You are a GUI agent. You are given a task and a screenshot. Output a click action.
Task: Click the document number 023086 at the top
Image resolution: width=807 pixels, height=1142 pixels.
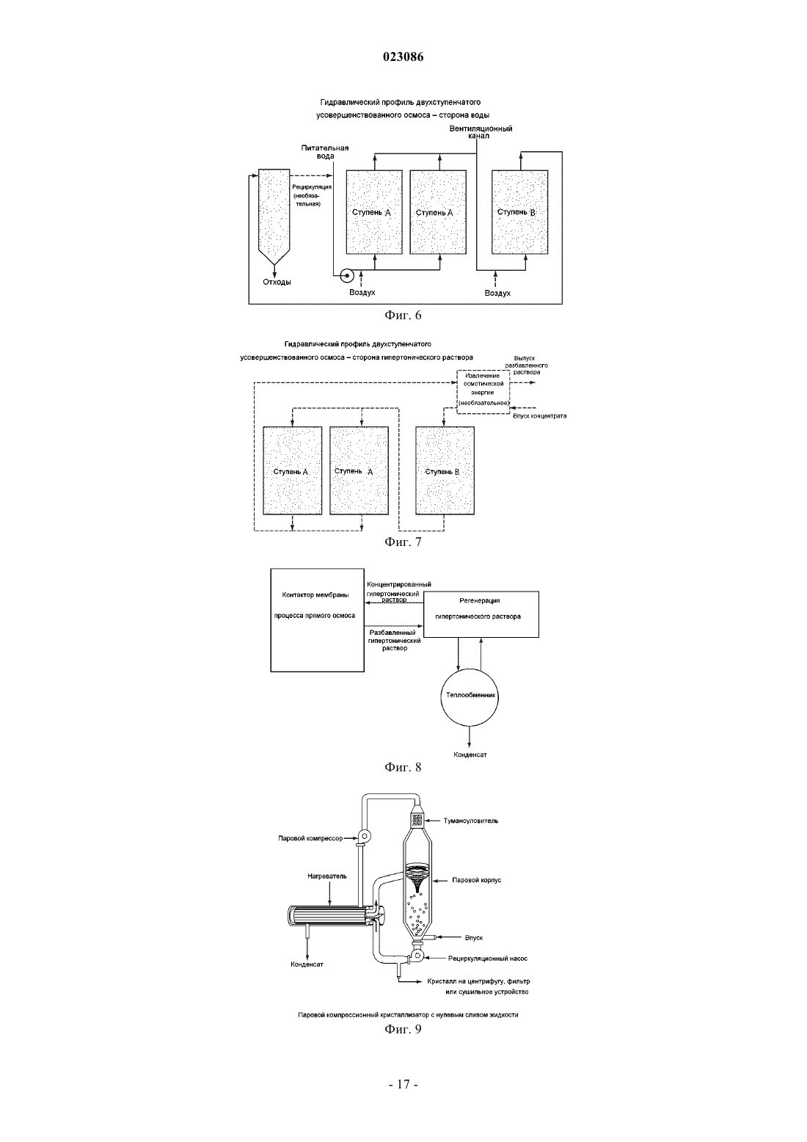tap(403, 57)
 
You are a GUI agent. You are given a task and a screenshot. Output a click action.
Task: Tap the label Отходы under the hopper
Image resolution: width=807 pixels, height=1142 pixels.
tap(277, 282)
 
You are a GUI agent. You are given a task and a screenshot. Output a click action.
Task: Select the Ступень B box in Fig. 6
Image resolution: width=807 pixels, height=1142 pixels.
tap(519, 212)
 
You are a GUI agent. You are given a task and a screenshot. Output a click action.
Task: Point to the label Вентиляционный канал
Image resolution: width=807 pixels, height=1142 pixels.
tap(481, 132)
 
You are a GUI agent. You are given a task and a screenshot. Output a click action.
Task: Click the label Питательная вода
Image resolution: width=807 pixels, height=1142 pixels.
tap(324, 152)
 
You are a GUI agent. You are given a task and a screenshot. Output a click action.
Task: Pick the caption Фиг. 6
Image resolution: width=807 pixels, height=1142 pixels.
tap(403, 315)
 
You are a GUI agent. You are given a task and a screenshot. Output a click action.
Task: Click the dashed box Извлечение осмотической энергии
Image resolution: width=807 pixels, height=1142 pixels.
tap(483, 391)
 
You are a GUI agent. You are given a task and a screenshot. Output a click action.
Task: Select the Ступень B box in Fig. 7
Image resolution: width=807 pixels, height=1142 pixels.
tap(445, 470)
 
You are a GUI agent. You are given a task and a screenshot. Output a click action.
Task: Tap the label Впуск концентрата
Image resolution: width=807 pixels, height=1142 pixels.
tap(539, 416)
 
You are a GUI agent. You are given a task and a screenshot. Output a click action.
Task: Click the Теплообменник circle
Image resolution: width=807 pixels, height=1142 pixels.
tap(470, 697)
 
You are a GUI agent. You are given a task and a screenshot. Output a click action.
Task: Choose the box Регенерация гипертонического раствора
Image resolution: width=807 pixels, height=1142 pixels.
tap(481, 614)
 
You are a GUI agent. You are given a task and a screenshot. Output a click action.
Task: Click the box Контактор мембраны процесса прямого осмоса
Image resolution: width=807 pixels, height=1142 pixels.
tap(318, 620)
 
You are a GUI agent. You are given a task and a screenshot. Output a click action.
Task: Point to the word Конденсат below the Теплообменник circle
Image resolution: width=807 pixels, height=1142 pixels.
tap(470, 754)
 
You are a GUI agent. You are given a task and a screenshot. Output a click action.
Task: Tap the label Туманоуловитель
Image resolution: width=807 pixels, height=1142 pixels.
tap(471, 821)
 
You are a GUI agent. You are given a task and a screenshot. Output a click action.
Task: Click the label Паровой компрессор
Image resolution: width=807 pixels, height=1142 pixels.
tap(310, 838)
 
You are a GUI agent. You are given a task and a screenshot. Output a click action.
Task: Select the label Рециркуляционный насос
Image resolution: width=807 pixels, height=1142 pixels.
tap(488, 959)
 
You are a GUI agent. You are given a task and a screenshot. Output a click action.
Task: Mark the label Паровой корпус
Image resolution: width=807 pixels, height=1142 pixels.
tap(476, 880)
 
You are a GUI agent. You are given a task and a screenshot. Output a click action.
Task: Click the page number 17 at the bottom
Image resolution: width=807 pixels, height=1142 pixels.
tap(403, 1085)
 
